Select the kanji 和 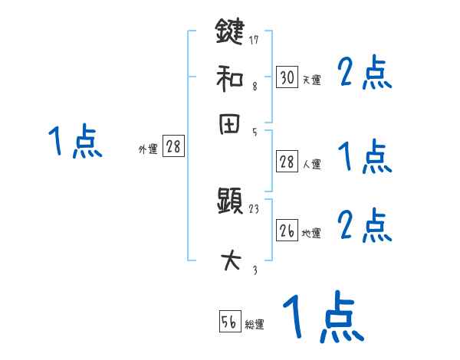point(230,79)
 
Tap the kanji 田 point(230,125)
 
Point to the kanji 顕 point(230,202)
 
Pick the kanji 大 point(230,261)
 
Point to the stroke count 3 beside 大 point(255,270)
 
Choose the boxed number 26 point(287,230)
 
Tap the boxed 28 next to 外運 point(173,147)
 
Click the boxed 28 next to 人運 point(287,162)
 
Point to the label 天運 point(311,80)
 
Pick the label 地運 point(311,233)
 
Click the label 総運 point(255,325)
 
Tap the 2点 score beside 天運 point(365,74)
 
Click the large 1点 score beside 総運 point(322,317)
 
